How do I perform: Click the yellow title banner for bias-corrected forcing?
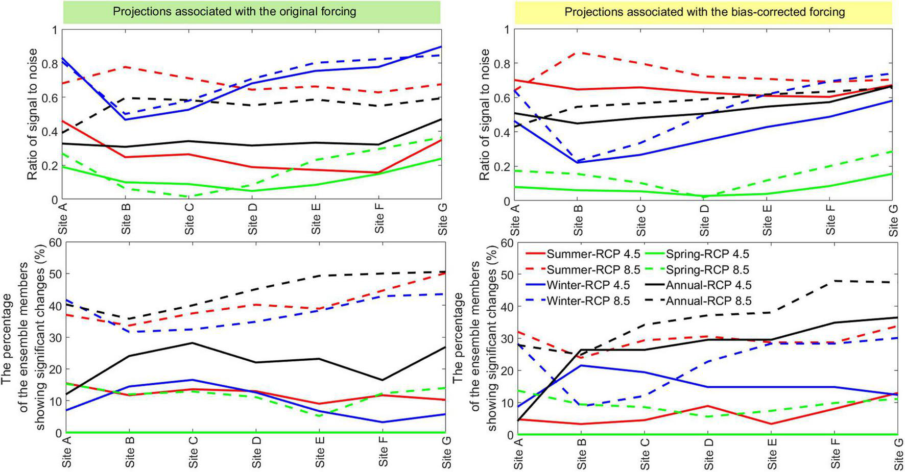pos(704,12)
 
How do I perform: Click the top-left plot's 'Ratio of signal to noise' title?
pos(32,114)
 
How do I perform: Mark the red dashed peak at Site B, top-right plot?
pos(579,53)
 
